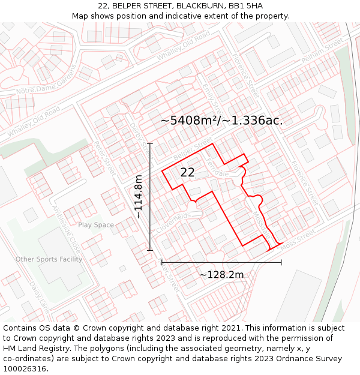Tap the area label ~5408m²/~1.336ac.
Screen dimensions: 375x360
pos(221,121)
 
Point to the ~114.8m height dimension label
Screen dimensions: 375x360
pos(138,196)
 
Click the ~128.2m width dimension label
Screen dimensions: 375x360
pos(221,275)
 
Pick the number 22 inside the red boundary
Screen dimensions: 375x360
pos(187,172)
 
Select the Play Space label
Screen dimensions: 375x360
pos(96,225)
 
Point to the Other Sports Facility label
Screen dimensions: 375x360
pos(49,259)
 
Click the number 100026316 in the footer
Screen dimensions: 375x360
pos(25,368)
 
